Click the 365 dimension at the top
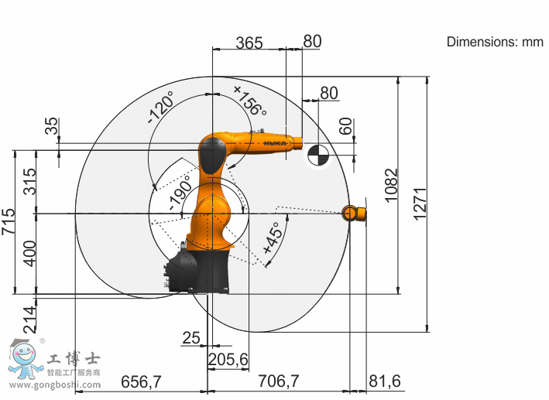click(x=249, y=43)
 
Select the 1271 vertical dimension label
click(x=420, y=204)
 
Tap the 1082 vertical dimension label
click(x=392, y=185)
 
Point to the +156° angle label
click(x=250, y=101)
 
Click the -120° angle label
click(x=161, y=107)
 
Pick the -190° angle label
click(x=180, y=193)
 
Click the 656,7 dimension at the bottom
click(x=141, y=381)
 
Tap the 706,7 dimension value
click(x=278, y=381)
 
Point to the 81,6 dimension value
click(x=385, y=381)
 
